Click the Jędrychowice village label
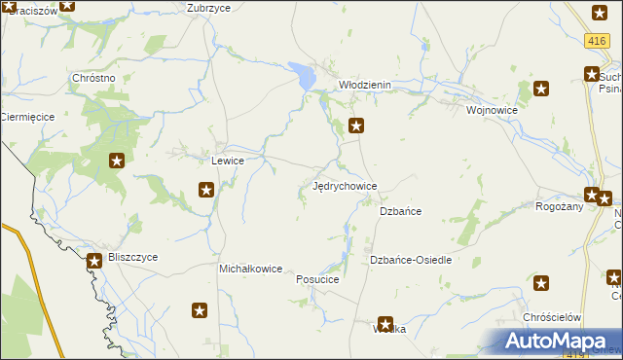[345, 186]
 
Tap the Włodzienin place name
[364, 85]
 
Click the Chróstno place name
[94, 78]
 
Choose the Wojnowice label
[492, 110]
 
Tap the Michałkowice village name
[250, 269]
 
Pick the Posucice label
[317, 279]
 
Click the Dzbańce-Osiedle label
[411, 260]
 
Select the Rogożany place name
[560, 206]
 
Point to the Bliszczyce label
[133, 257]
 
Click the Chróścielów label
[552, 318]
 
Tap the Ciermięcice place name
[27, 117]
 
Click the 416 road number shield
[598, 40]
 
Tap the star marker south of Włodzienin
[357, 125]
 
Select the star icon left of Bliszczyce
[94, 261]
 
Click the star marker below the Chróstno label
[117, 162]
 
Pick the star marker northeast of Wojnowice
[541, 90]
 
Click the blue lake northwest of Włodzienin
[304, 74]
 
